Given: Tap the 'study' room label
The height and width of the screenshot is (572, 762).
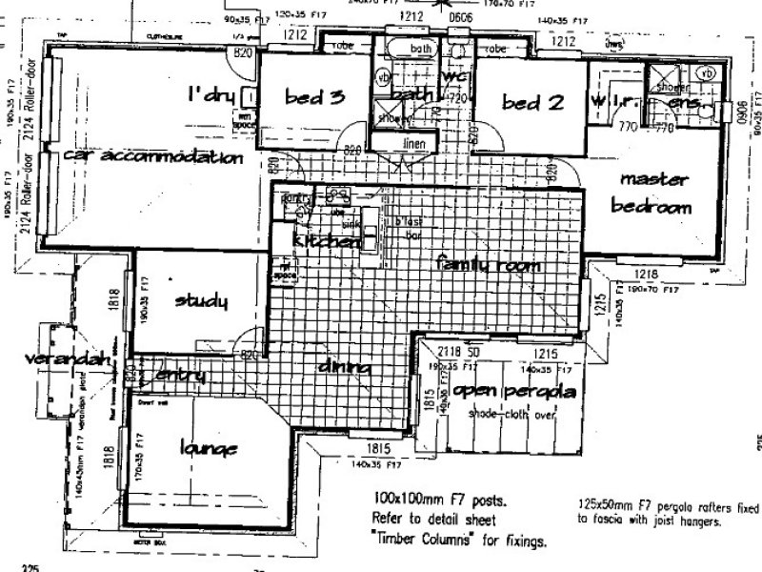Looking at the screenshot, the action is pos(202,302).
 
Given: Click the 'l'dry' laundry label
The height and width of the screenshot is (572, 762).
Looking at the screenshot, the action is pos(211,95).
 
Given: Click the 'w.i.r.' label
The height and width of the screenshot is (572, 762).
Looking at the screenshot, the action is pos(616,103).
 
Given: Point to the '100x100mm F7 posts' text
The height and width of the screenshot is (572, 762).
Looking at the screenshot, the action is pos(429,499).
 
